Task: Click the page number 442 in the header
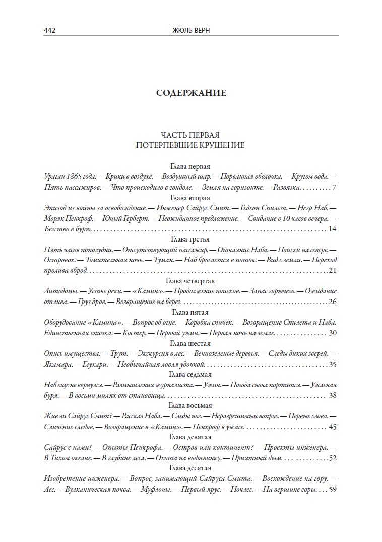(x=49, y=30)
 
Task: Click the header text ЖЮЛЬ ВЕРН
(x=190, y=30)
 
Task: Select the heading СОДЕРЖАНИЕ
(x=191, y=93)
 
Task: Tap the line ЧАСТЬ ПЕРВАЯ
(x=190, y=135)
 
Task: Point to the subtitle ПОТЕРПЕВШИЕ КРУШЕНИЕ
(x=190, y=145)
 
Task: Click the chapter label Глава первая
(x=190, y=166)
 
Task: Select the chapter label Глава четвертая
(x=190, y=281)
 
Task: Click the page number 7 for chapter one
(x=334, y=188)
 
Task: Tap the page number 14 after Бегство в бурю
(x=332, y=229)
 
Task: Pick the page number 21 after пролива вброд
(x=332, y=271)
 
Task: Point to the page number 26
(x=332, y=302)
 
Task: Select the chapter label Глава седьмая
(x=190, y=375)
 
